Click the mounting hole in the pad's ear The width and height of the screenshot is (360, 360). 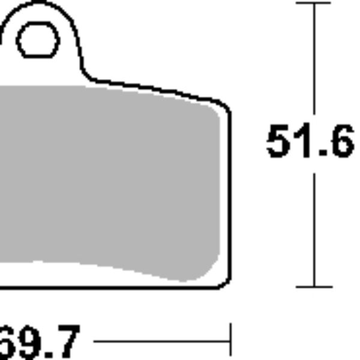pos(38,41)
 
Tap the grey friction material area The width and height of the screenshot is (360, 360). pos(108,180)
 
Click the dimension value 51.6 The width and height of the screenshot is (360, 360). pos(310,142)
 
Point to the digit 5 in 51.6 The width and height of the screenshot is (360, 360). pos(278,142)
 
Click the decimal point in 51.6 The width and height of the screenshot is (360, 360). pos(319,155)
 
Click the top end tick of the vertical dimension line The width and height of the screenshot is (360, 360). pos(314,3)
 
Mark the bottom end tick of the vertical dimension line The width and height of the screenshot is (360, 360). pos(314,287)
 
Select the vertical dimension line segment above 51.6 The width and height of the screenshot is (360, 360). pos(314,60)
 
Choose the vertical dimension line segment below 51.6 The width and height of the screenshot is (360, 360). pos(314,228)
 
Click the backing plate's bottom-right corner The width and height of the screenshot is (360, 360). pos(224,283)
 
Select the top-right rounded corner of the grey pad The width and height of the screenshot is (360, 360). pos(214,109)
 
